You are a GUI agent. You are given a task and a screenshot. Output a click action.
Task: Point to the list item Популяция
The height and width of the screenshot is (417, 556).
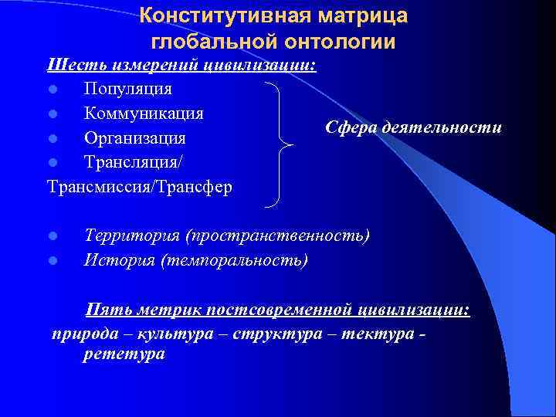[x=127, y=89]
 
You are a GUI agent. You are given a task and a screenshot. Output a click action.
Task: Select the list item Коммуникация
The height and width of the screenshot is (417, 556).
[x=144, y=114]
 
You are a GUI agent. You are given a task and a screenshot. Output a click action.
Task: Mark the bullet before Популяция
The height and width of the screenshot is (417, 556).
[x=52, y=90]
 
